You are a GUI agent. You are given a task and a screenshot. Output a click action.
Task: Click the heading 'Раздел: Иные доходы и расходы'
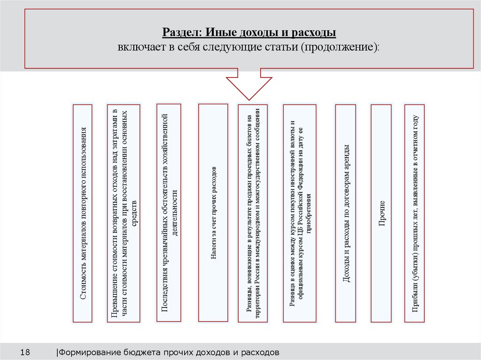click(249, 33)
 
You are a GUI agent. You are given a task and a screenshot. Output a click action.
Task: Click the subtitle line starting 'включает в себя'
click(249, 47)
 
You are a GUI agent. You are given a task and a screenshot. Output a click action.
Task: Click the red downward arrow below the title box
click(249, 84)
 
